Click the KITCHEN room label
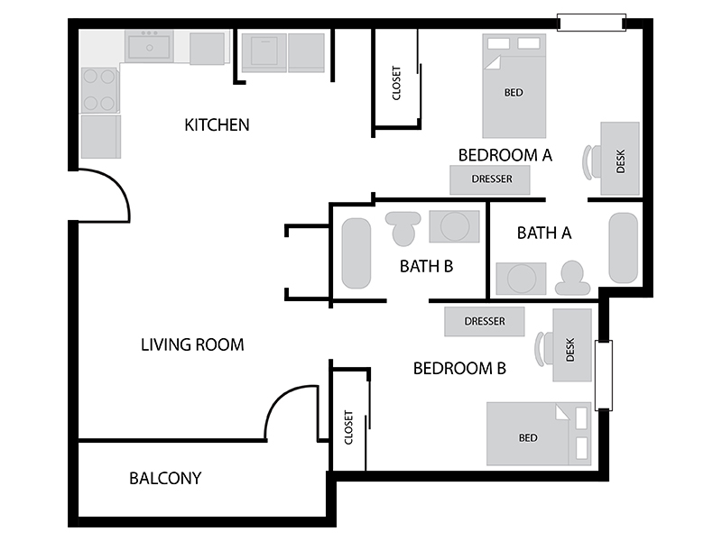(x=217, y=124)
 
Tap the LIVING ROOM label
(x=192, y=344)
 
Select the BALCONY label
(x=165, y=479)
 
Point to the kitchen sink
(x=149, y=47)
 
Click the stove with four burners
(x=99, y=89)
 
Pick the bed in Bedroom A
(x=514, y=86)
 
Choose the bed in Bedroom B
(x=539, y=434)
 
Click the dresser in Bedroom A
(x=490, y=179)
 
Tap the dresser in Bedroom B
(x=485, y=321)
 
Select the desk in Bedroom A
(x=620, y=159)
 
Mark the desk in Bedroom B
(x=572, y=345)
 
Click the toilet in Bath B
(x=403, y=228)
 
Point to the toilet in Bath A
(x=572, y=278)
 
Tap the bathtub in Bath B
(x=356, y=253)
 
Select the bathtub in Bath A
(x=624, y=247)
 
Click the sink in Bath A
(x=522, y=279)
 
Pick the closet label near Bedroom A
(x=396, y=83)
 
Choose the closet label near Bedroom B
(x=348, y=427)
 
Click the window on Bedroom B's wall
(x=604, y=375)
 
